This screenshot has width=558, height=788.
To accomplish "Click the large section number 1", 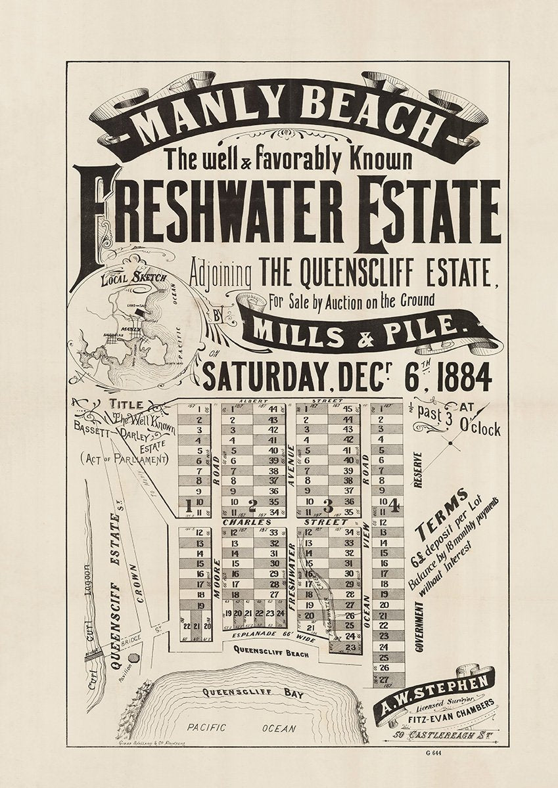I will (x=189, y=506).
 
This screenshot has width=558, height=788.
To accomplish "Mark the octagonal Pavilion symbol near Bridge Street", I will (x=134, y=657).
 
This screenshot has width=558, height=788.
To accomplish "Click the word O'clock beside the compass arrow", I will (x=478, y=430).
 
